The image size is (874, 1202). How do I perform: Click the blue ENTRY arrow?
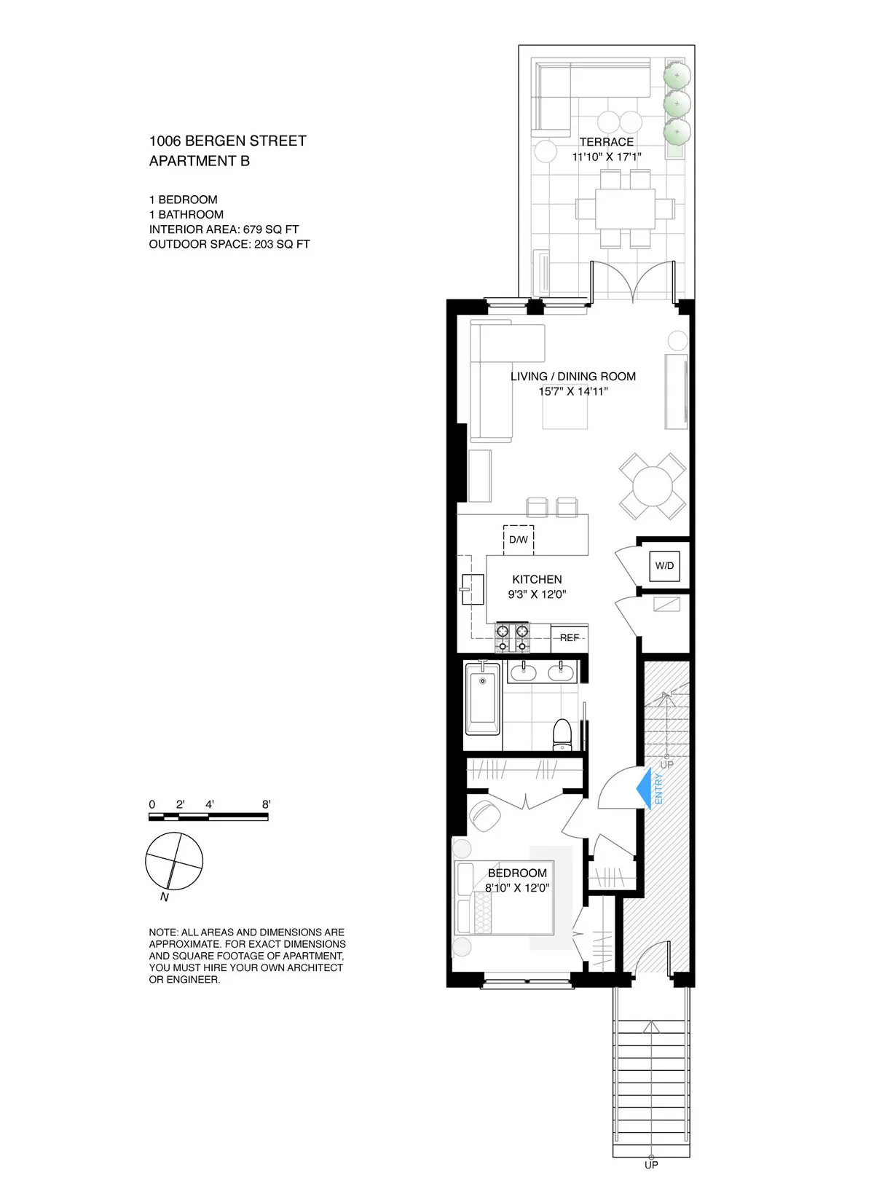click(x=644, y=788)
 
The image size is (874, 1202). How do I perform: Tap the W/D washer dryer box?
click(x=664, y=565)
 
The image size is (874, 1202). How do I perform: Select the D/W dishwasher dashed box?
click(x=519, y=540)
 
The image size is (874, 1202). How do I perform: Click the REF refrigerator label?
click(x=570, y=637)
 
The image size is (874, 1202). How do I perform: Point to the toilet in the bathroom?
click(x=563, y=734)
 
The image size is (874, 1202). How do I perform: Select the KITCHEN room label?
click(x=537, y=579)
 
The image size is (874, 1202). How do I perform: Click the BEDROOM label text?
click(x=517, y=873)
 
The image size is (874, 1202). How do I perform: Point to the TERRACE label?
click(x=606, y=142)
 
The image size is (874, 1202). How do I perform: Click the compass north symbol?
click(x=174, y=862)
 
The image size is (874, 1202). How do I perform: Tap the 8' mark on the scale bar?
click(x=267, y=804)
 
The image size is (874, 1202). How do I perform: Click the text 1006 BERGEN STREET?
click(x=227, y=141)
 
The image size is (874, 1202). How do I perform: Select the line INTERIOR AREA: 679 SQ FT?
click(x=224, y=229)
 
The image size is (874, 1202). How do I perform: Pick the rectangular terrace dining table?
click(x=625, y=208)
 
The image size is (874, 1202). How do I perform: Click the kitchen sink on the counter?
click(x=472, y=589)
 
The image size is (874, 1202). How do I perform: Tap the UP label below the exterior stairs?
click(x=651, y=1165)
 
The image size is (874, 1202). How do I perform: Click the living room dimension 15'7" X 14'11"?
click(x=573, y=391)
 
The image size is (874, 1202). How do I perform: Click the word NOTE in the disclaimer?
click(x=162, y=932)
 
